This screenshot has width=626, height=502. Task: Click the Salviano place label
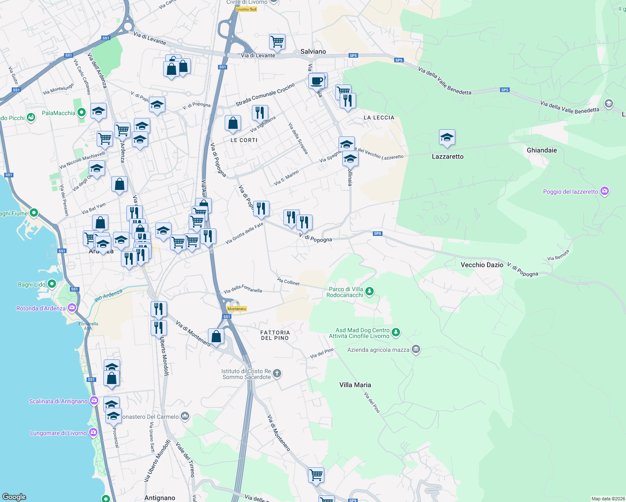[313, 51]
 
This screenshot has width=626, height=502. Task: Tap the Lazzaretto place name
[447, 156]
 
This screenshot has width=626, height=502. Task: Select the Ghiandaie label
[541, 150]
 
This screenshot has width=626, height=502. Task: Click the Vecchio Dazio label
[482, 265]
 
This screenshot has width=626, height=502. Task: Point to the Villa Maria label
[355, 385]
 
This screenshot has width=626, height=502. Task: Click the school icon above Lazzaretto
[447, 137]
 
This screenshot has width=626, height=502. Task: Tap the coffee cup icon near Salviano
[317, 80]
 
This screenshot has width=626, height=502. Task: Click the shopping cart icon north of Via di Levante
[277, 41]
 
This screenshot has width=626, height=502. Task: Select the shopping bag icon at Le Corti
[233, 123]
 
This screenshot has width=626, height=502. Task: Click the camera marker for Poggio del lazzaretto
[604, 192]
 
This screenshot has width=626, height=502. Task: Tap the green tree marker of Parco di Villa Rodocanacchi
[369, 291]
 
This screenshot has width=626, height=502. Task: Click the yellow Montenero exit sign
[236, 309]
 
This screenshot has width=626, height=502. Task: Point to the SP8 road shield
[377, 233]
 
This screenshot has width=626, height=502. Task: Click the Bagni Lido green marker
[52, 284]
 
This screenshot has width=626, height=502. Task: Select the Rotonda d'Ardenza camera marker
[72, 308]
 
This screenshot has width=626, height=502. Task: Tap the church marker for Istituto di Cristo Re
[277, 374]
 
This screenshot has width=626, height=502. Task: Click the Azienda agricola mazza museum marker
[416, 349]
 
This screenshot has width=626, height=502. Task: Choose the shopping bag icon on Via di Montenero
[216, 336]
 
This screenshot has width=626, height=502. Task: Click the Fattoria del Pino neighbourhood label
[275, 335]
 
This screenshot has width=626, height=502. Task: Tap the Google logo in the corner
[14, 497]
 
